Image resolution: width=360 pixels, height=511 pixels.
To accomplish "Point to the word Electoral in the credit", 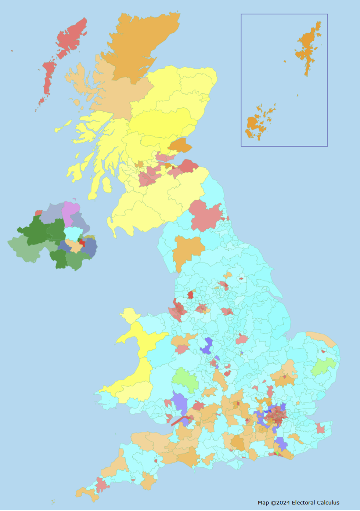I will tap(303, 503).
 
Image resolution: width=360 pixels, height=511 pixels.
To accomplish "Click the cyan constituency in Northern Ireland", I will tap(73, 233).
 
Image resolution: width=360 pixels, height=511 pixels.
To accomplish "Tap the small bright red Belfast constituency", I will tap(82, 243).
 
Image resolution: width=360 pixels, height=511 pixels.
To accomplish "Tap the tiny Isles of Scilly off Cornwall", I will tap(53, 501).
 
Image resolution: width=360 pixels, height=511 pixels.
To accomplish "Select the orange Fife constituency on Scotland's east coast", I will tap(180, 145).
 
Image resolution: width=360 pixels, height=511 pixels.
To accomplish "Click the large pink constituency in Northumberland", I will tap(206, 215).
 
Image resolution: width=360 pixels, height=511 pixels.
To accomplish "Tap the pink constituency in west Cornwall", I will tap(101, 485).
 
